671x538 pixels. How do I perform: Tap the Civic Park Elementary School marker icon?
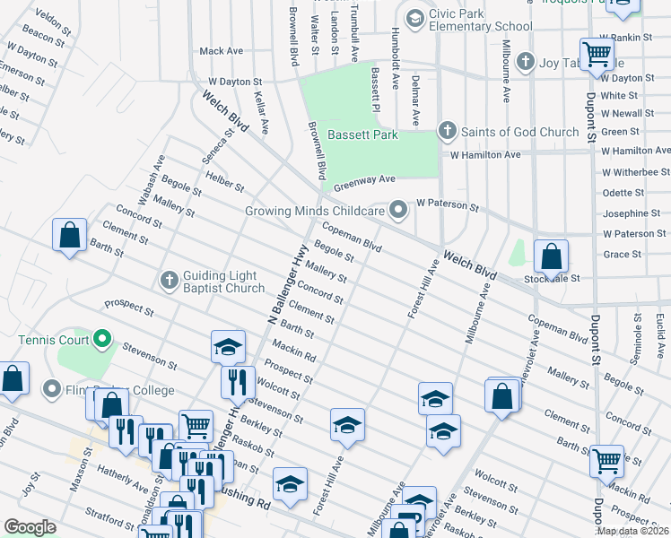(x=414, y=18)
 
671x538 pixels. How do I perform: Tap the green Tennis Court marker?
(x=102, y=340)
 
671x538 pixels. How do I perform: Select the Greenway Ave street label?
(x=364, y=184)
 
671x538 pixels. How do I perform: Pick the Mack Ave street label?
(x=222, y=51)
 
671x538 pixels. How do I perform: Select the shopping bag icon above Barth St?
(x=69, y=237)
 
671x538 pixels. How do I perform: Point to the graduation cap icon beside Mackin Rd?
(x=229, y=346)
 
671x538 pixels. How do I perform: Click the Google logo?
(x=30, y=527)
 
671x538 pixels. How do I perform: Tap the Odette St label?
(x=623, y=193)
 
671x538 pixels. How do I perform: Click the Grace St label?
(x=623, y=255)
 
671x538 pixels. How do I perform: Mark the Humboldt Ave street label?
(x=395, y=57)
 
